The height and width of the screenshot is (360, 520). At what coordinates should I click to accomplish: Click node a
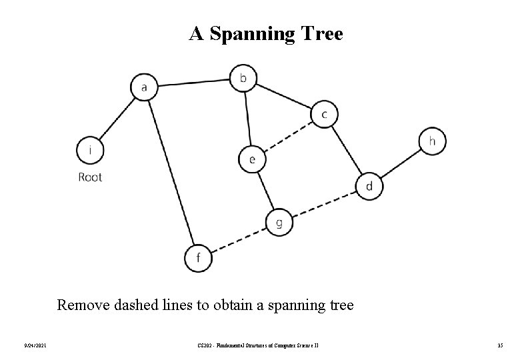click(144, 87)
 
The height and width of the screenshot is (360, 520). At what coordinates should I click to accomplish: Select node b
click(243, 78)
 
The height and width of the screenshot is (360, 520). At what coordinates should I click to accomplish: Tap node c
click(324, 114)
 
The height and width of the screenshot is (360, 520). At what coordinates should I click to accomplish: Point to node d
click(369, 186)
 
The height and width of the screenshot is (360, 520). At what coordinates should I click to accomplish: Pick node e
click(252, 159)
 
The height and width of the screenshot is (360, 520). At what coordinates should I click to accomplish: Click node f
click(198, 258)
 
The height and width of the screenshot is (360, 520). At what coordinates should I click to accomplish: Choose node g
click(279, 222)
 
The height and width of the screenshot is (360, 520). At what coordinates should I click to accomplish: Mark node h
click(432, 141)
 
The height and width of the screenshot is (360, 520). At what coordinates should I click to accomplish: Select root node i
click(91, 150)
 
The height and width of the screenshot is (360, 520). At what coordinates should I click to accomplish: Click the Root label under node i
click(91, 177)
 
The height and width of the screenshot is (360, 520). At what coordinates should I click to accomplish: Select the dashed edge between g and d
click(324, 204)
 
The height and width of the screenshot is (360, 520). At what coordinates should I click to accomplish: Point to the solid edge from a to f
click(171, 172)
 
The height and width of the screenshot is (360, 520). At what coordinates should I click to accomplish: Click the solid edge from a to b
click(193, 83)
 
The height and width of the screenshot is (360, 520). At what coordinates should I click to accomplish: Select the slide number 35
click(500, 344)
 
